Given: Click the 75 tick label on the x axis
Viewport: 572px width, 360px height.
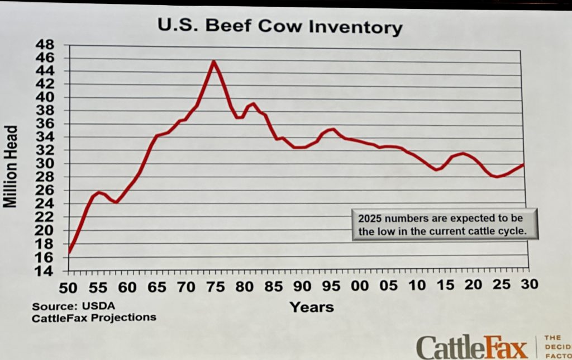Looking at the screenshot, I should pos(214,287).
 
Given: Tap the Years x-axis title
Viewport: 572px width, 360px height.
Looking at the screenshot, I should pos(311,307).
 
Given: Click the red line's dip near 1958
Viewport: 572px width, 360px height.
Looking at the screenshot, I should pos(116,201).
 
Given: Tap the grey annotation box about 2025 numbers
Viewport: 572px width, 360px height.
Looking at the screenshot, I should pos(444,225).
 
